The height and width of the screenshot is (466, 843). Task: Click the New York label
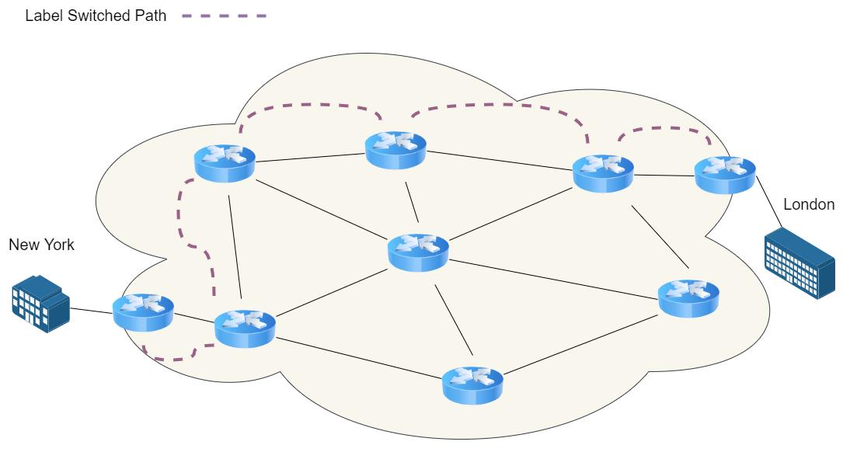[41, 245]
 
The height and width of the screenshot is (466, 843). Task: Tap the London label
[809, 205]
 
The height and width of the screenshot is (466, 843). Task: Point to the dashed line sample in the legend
[224, 16]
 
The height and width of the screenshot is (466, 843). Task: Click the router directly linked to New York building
[143, 311]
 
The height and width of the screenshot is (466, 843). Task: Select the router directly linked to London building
[724, 174]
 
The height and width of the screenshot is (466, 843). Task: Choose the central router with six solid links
[418, 252]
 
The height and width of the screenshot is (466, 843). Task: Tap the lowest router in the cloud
[472, 384]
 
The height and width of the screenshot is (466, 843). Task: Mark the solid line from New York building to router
[92, 312]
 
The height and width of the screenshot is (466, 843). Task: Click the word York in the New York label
[58, 245]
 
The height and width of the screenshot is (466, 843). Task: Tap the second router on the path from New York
[244, 328]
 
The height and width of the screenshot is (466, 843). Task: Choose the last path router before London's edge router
[603, 172]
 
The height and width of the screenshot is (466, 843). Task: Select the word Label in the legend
[41, 16]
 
